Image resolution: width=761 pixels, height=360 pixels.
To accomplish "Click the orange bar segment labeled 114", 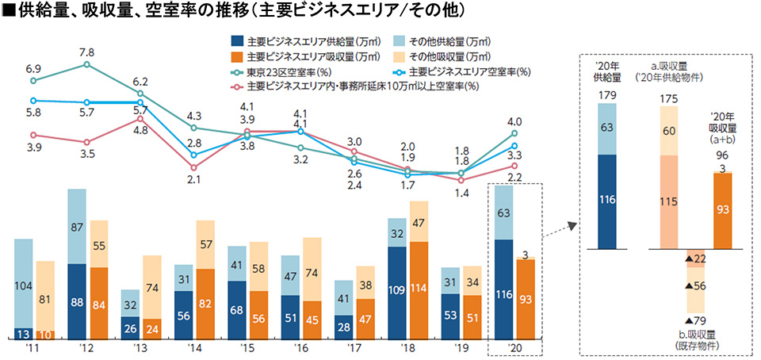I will click(x=419, y=290).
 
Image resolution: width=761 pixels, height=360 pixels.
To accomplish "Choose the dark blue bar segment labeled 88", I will click(x=77, y=301).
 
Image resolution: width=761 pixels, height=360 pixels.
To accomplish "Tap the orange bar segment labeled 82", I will click(x=205, y=304).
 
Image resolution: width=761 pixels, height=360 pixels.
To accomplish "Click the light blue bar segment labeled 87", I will click(x=77, y=227).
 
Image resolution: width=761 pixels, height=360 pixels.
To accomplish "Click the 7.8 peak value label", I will click(x=86, y=52).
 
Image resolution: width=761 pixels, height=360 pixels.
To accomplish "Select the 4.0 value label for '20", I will click(x=514, y=121).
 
